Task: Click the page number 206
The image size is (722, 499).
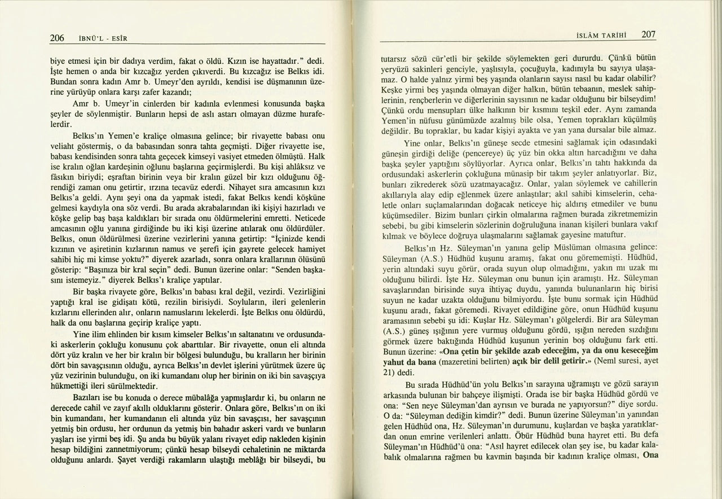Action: tap(56, 38)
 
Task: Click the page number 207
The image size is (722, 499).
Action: tap(648, 34)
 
